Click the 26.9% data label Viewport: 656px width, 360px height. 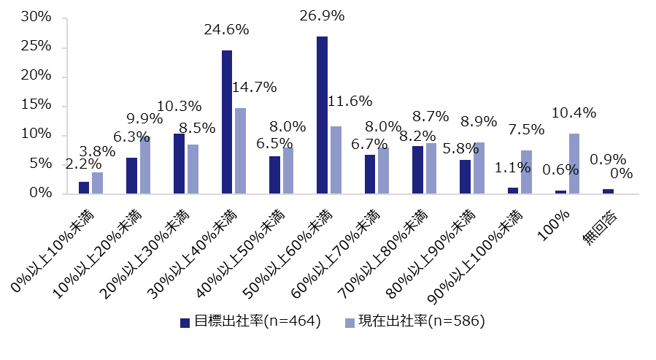[x=323, y=15]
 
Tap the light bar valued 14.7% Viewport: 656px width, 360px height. [x=241, y=150]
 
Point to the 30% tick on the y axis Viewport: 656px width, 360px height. [x=34, y=18]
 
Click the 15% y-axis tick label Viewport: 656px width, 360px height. [x=34, y=106]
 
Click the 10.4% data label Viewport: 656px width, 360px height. [x=573, y=113]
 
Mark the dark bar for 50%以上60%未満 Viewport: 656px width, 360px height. [x=322, y=115]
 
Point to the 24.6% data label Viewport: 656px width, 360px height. [x=226, y=30]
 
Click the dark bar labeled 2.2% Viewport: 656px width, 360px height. [x=84, y=188]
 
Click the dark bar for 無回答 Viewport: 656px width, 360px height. [x=608, y=191]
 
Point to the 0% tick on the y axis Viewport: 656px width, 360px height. [x=39, y=194]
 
